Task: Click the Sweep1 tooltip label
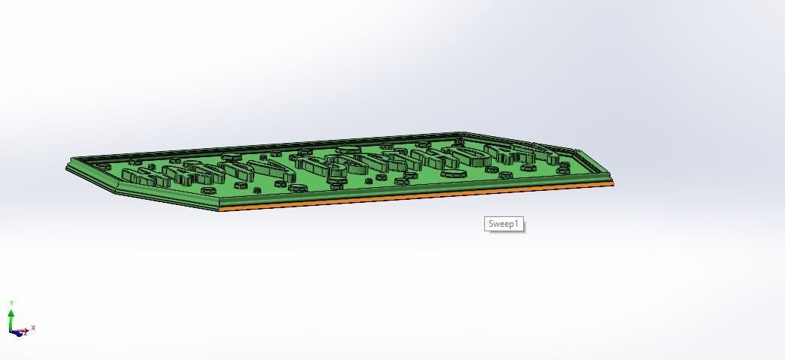click(x=504, y=224)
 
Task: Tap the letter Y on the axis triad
click(x=11, y=302)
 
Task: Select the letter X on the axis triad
click(x=34, y=327)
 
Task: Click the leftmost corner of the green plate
click(x=67, y=168)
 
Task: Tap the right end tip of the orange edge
click(x=613, y=183)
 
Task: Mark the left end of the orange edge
click(x=221, y=210)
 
